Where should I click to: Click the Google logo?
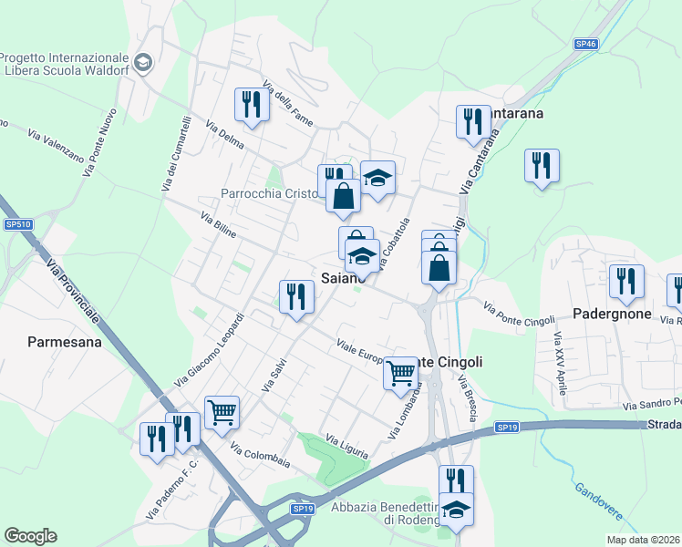30,536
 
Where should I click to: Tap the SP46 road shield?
586,43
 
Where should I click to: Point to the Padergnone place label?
614,314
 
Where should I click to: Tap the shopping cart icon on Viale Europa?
401,372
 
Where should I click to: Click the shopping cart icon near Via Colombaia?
222,411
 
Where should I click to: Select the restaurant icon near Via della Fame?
251,104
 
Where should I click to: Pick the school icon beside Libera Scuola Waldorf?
143,63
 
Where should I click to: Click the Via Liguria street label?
347,447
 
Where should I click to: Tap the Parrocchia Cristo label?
269,193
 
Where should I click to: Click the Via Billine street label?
219,226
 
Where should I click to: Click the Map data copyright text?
644,540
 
